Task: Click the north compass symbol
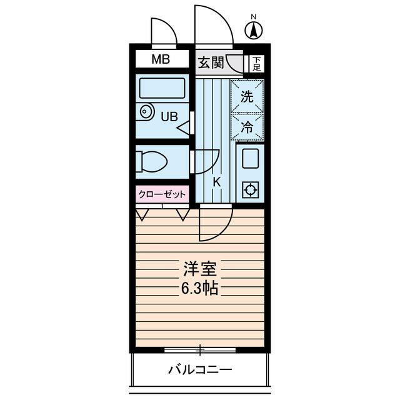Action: point(253,29)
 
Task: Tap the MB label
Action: point(162,60)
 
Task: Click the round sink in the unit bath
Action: point(146,112)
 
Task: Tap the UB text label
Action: point(169,116)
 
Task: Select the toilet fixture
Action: point(152,162)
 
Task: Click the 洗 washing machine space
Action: point(247,97)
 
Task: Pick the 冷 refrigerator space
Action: point(247,127)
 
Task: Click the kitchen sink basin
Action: point(250,158)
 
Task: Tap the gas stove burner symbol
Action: point(250,189)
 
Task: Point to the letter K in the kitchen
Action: point(217,182)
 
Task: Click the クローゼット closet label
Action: point(162,194)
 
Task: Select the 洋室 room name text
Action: point(200,270)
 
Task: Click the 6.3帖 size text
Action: point(200,289)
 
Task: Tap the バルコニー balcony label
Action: point(200,369)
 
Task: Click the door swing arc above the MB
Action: point(164,31)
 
